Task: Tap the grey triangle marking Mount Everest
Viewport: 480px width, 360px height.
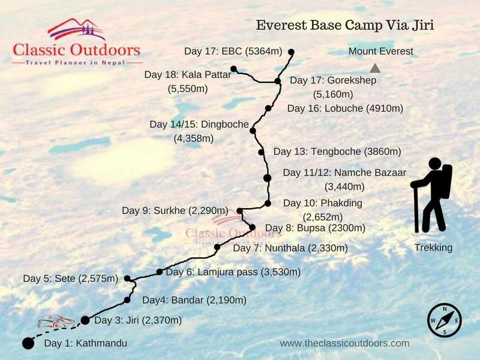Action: point(375,68)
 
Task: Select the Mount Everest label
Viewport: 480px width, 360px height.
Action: point(381,52)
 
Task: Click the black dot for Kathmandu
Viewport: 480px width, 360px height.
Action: point(28,343)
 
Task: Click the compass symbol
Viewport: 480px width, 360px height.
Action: point(445,320)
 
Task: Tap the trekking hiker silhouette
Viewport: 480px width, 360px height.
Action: point(432,195)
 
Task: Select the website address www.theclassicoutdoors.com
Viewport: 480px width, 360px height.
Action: point(344,343)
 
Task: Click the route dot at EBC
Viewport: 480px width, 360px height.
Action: point(291,52)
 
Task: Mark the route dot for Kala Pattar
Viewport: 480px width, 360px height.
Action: point(233,69)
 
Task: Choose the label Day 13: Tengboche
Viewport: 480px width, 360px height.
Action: point(337,152)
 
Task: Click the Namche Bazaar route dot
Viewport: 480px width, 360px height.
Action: point(268,178)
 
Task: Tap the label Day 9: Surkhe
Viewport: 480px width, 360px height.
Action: point(175,211)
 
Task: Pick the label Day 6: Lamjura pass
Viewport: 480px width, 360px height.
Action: point(233,272)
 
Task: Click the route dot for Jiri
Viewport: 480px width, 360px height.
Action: point(85,320)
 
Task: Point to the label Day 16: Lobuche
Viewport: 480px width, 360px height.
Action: point(345,109)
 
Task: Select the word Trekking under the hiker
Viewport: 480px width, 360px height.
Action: point(433,248)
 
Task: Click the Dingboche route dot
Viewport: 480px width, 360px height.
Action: point(253,131)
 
